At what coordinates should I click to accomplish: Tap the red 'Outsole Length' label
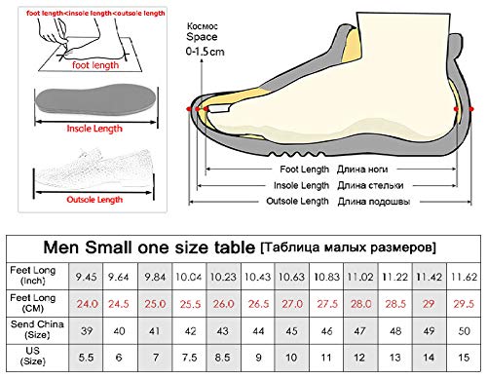[94, 200]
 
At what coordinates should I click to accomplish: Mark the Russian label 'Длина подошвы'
[368, 202]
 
